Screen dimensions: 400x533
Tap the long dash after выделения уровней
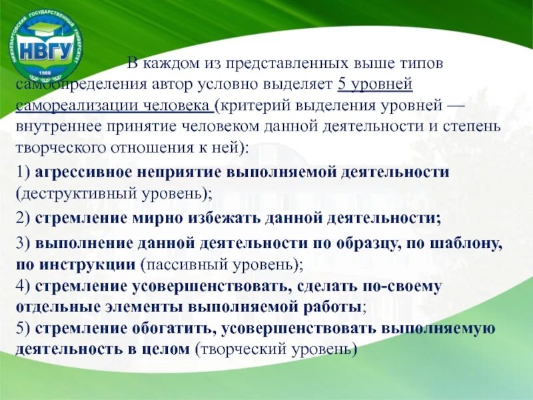tap(455, 105)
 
